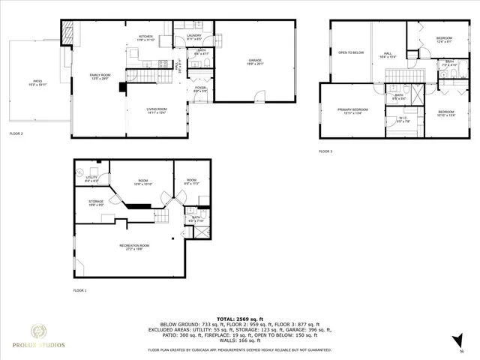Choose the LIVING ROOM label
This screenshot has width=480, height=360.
(156, 111)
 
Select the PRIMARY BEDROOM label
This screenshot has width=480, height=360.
(349, 111)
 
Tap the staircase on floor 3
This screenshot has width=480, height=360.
(395, 74)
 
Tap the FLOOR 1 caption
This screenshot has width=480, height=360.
(79, 289)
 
